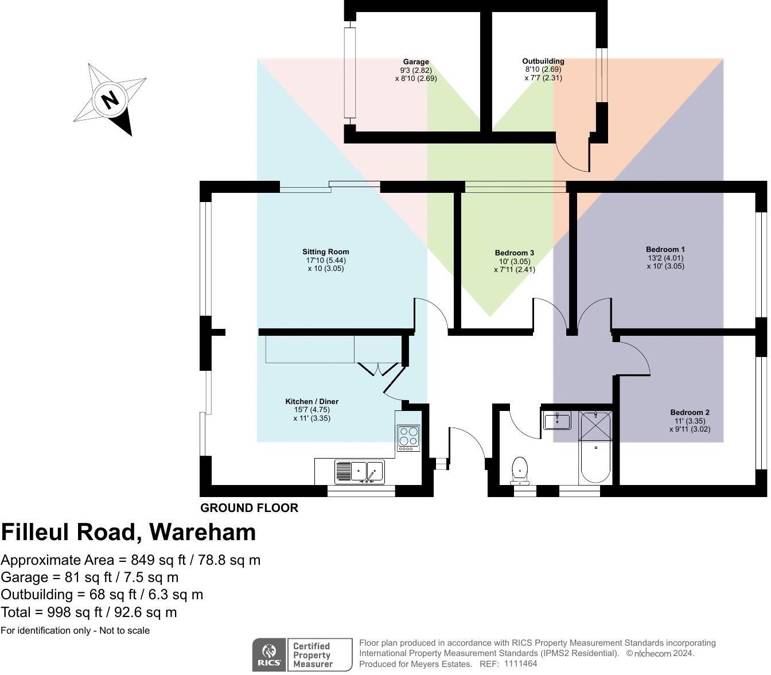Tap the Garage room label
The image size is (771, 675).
[x=415, y=62]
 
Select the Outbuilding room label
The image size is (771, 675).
[x=543, y=61]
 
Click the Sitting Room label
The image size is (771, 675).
[x=325, y=252]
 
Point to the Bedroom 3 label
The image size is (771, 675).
[x=514, y=253]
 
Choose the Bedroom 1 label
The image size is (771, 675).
[x=665, y=250]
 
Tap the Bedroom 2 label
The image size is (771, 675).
[x=690, y=413]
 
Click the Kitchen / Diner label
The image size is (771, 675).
[x=311, y=402]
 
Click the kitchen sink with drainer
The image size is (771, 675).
[x=359, y=472]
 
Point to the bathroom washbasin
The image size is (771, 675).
[x=556, y=420]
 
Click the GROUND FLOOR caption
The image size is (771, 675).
[x=249, y=508]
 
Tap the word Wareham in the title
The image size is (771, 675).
[x=203, y=533]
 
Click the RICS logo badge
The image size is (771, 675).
[x=268, y=654]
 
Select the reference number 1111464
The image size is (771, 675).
[x=520, y=664]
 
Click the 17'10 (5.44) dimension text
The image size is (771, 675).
[x=325, y=261]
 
